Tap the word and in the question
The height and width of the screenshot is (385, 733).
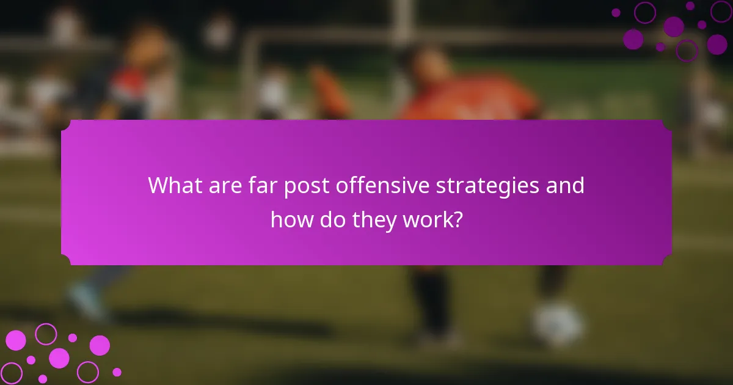click(x=566, y=185)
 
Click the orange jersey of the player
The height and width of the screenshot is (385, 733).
click(x=470, y=98)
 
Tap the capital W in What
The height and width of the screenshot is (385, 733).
click(x=158, y=185)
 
